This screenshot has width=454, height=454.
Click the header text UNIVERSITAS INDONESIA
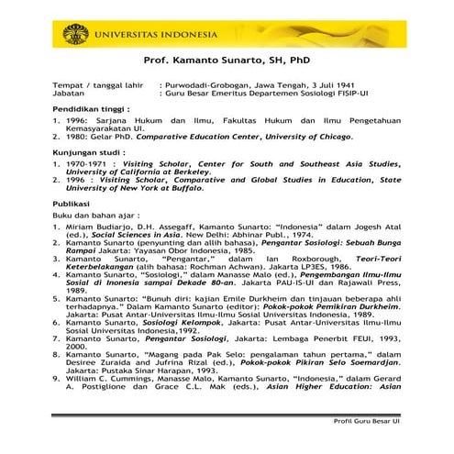[x=155, y=36]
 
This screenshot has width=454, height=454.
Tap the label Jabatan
[x=70, y=94]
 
